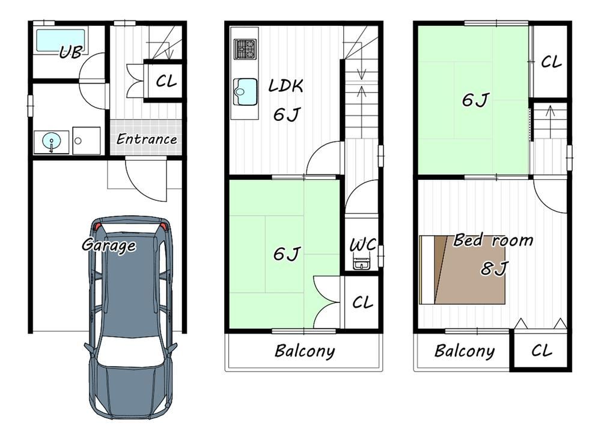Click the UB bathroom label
coord(72,52)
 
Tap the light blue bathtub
coord(61,40)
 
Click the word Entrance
coord(147,139)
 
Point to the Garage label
coord(109,245)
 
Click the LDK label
coord(286,85)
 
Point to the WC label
coord(362,245)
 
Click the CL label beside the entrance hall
coord(166,81)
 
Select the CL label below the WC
coord(362,302)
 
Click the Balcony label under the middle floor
coord(305,351)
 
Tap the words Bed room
coord(493,240)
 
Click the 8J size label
coord(494,269)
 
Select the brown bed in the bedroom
coord(462,270)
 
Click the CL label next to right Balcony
coord(542,350)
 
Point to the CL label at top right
coord(551,62)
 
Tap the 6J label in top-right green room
coord(475,100)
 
